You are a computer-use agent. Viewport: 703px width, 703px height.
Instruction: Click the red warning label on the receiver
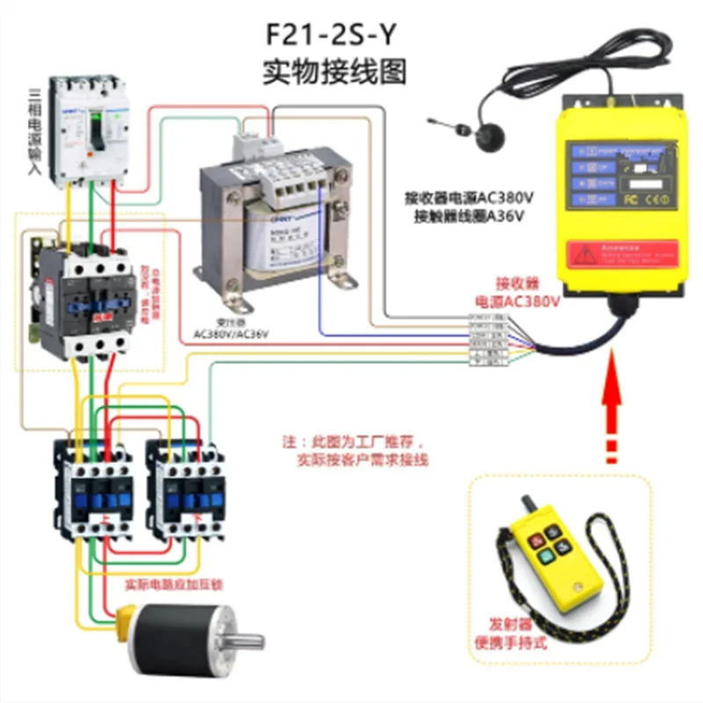(x=622, y=254)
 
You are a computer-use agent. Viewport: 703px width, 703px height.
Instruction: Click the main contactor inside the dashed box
(x=88, y=299)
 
